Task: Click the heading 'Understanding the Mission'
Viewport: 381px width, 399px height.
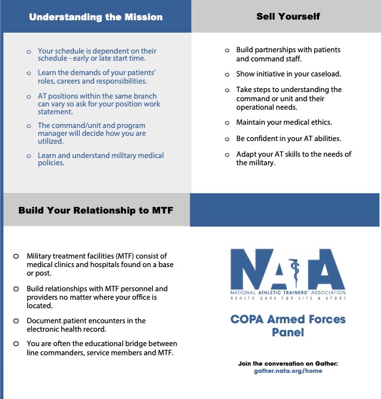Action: [x=95, y=16]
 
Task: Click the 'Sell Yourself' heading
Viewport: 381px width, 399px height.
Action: [x=288, y=16]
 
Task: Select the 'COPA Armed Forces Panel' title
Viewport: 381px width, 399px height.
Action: [x=288, y=326]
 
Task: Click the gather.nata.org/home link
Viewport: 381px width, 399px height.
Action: [x=288, y=371]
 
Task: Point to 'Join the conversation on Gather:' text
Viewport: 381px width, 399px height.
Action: [x=288, y=363]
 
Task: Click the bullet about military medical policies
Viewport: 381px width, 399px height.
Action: [x=101, y=159]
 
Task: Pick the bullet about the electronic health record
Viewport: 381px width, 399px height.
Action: [x=86, y=325]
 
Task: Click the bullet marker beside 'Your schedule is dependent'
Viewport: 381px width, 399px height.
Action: [x=28, y=51]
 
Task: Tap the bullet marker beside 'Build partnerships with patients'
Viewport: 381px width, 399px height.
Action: [x=227, y=50]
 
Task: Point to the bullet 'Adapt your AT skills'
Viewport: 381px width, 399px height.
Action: [x=293, y=159]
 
